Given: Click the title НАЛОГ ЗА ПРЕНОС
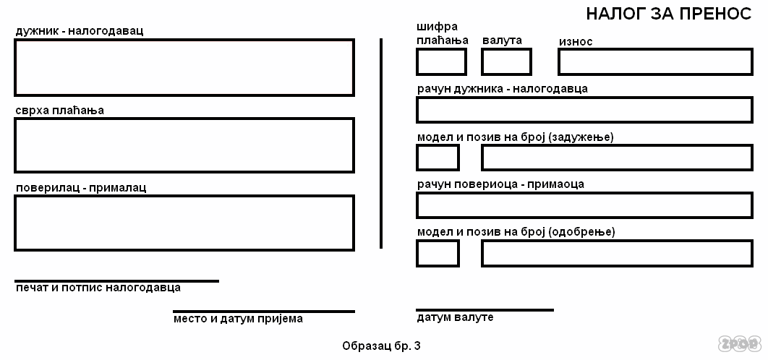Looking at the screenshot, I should (x=668, y=14).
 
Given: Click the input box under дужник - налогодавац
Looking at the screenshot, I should (x=184, y=68).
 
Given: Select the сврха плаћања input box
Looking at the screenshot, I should (x=184, y=145).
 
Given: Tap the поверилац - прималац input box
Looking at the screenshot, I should (x=184, y=223).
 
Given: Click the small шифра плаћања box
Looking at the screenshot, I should (x=441, y=61).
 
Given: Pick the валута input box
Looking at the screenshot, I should (x=506, y=61).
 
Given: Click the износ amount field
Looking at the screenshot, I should (x=655, y=61).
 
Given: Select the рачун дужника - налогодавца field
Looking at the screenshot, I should (x=584, y=109).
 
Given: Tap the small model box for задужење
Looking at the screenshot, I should (x=438, y=158).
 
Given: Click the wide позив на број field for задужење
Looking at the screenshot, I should (x=618, y=158).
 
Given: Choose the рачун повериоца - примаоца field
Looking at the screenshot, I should (x=584, y=205).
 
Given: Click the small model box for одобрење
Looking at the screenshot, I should (x=438, y=253).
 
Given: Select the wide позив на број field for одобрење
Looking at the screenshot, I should (x=618, y=253).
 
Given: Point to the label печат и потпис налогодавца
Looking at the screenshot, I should (x=98, y=288).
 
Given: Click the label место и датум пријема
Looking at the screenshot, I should (x=238, y=319).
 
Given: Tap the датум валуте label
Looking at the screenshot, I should (x=455, y=317).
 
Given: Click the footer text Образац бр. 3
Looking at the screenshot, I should (x=381, y=346).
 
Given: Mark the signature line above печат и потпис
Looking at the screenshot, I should (x=116, y=280).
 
